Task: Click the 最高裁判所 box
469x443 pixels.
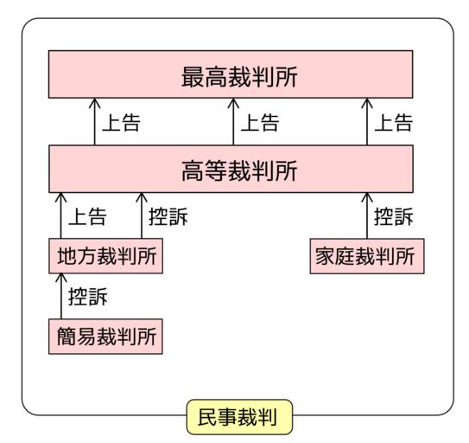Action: coord(231,74)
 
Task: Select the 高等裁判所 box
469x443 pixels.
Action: coord(231,169)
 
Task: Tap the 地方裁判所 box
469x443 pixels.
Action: coord(106,256)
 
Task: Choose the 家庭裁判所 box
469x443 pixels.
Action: coord(367,256)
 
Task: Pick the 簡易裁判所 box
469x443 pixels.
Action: coord(105,337)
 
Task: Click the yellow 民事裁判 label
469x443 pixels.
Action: coord(239,417)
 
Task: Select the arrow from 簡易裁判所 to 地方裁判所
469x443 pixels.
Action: coord(61,296)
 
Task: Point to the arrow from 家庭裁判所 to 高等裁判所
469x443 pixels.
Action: coord(367,215)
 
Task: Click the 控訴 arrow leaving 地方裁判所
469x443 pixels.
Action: coord(142,215)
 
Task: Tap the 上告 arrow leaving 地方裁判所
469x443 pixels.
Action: coord(60,215)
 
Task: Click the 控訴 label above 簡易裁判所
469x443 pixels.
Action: coord(88,297)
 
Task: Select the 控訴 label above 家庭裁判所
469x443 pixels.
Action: coord(394,216)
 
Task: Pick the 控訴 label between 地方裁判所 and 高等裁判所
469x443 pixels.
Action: coord(168,216)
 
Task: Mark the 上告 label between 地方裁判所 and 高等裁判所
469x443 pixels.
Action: coord(87,216)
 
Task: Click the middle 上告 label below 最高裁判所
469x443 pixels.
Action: coord(260,123)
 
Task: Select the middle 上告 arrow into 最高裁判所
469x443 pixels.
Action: coord(233,122)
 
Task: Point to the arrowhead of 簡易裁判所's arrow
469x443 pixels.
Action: coord(61,274)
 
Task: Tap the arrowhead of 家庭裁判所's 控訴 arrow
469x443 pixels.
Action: coord(367,193)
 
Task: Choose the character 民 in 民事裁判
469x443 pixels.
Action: coord(207,417)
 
